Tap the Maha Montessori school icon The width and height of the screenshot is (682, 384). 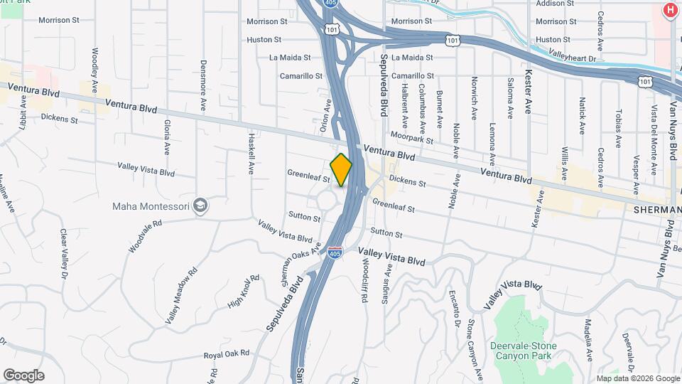pyautogui.click(x=201, y=206)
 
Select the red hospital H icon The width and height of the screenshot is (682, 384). pyautogui.click(x=669, y=10)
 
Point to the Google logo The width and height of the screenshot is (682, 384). pyautogui.click(x=23, y=375)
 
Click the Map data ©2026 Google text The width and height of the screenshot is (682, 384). pyautogui.click(x=637, y=378)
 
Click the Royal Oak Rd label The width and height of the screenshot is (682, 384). pyautogui.click(x=227, y=353)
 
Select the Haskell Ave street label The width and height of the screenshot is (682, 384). pyautogui.click(x=251, y=151)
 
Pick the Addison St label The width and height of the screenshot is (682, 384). pyautogui.click(x=555, y=4)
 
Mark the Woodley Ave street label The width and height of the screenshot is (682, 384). pyautogui.click(x=95, y=70)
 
